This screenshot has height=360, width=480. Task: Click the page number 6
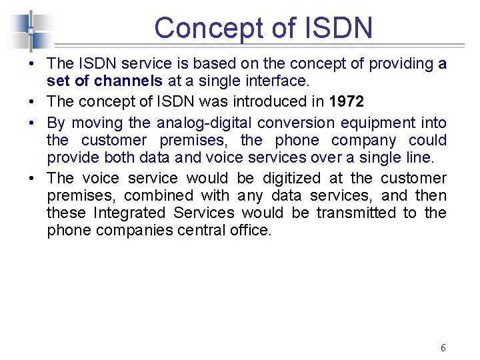tap(443, 347)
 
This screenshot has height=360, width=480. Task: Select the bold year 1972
tap(347, 102)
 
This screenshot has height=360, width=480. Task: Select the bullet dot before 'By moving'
tap(34, 123)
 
